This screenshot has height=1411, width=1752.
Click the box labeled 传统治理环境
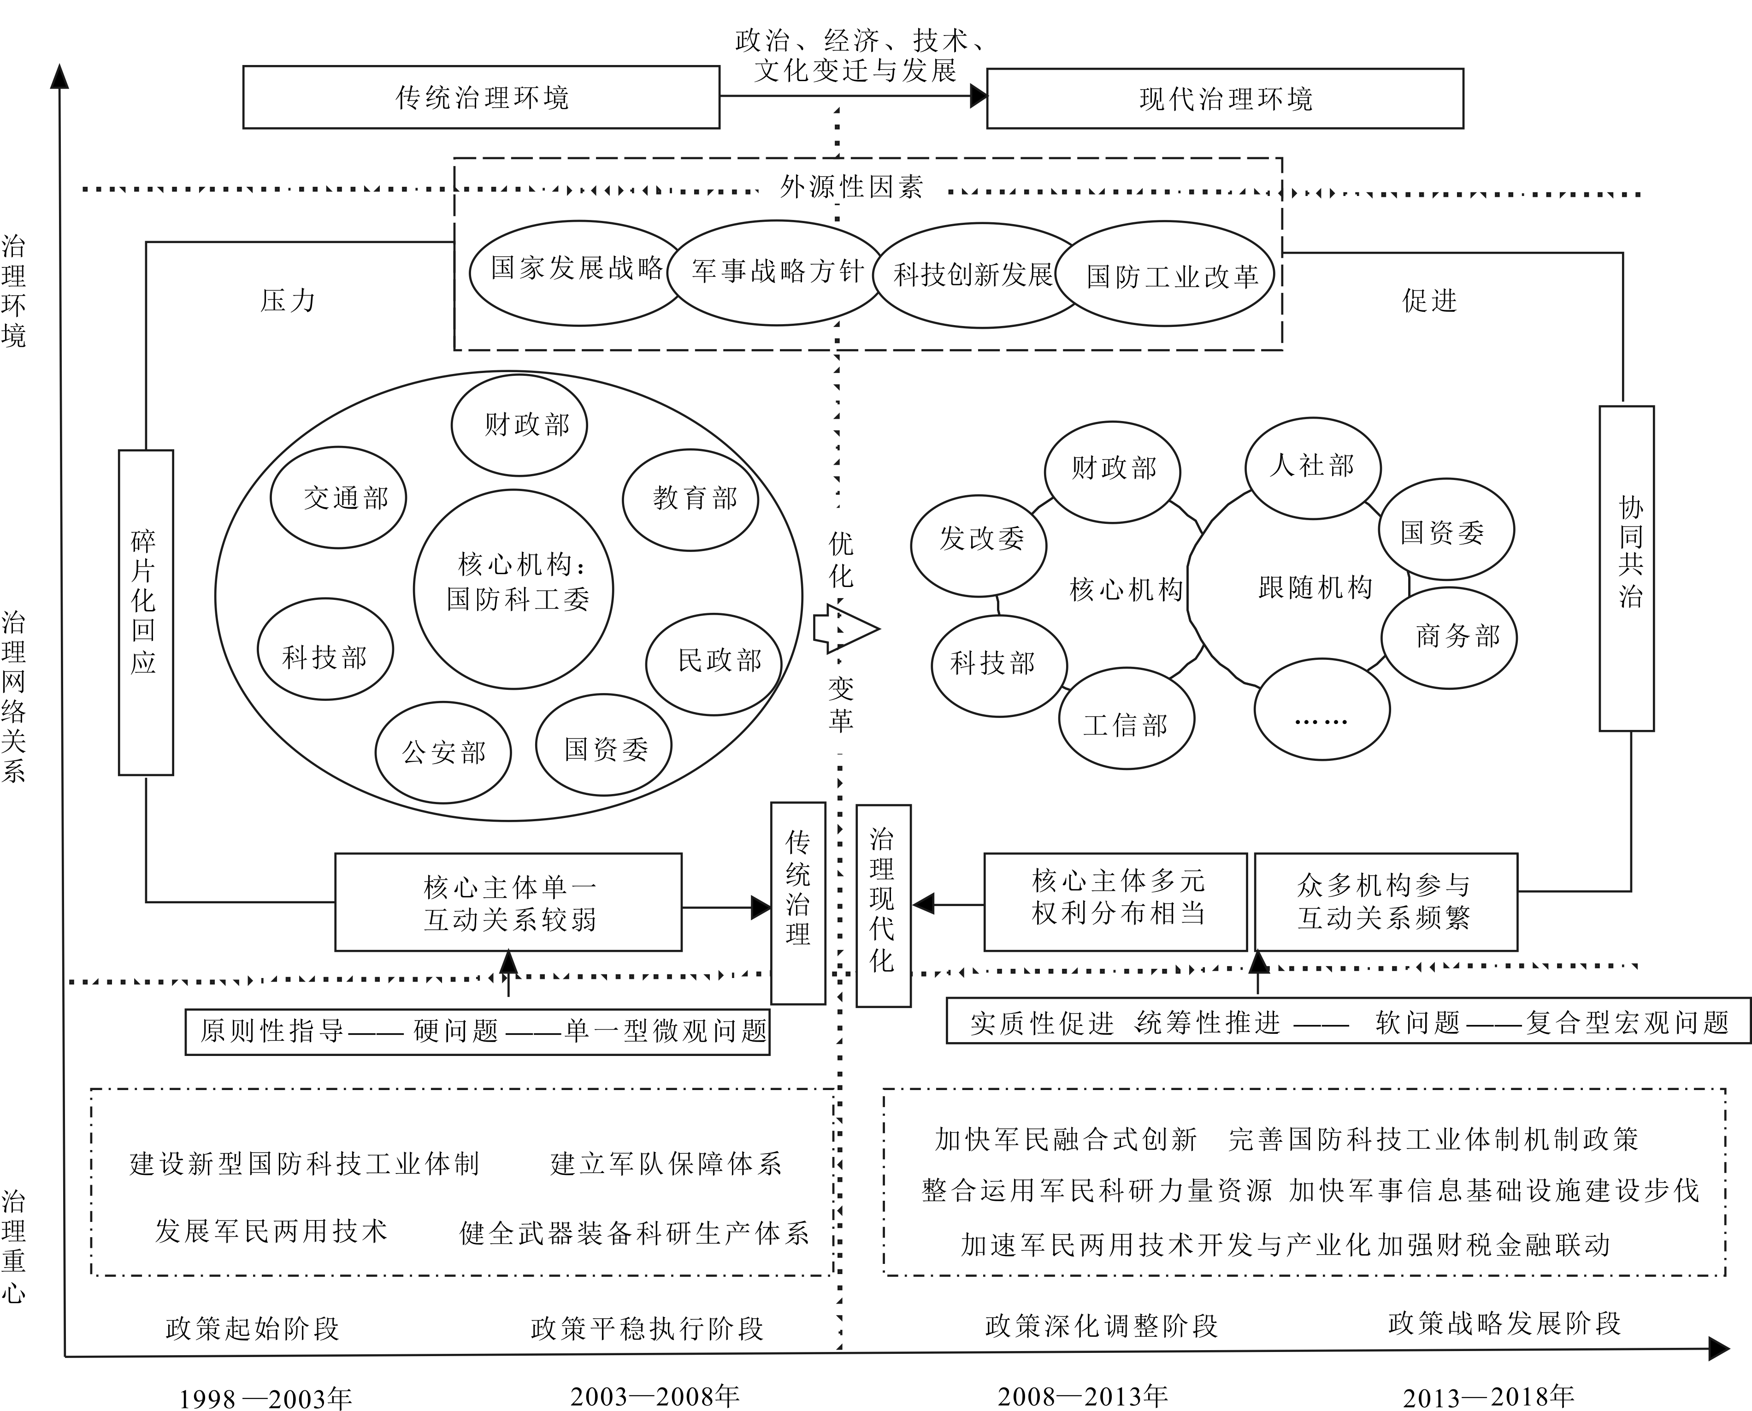point(481,98)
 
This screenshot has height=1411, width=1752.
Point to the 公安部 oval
point(443,752)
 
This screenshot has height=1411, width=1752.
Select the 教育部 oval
point(691,498)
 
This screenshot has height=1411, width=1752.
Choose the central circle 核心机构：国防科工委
point(513,589)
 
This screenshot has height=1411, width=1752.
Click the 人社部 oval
point(1312,467)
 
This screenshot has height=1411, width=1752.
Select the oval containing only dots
point(1322,710)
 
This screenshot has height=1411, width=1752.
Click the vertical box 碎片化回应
point(146,612)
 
